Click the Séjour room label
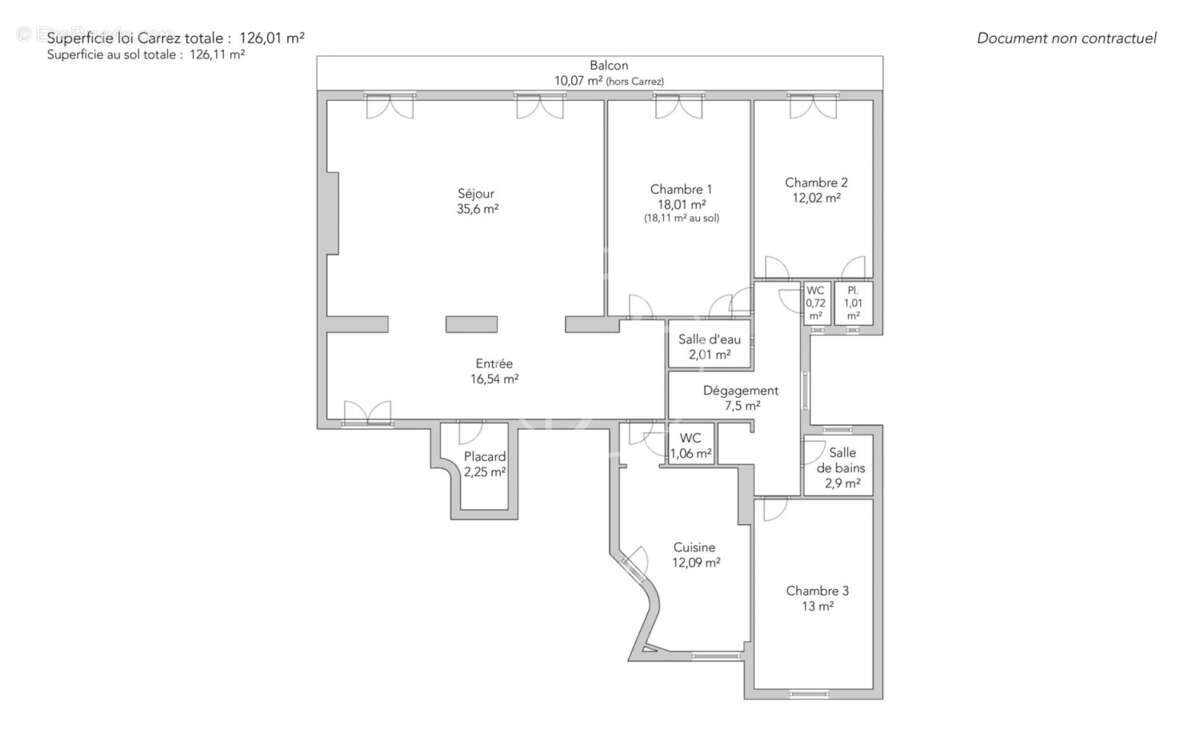click(476, 193)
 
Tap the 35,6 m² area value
click(476, 209)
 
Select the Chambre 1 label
click(681, 189)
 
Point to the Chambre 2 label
click(816, 182)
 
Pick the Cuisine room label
click(694, 547)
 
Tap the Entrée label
click(494, 364)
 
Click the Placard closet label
click(484, 457)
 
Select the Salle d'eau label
click(709, 339)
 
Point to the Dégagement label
click(740, 391)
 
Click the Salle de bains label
click(841, 460)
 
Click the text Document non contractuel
click(1066, 38)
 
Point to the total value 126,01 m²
click(271, 38)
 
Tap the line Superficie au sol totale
click(146, 56)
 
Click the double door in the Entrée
click(366, 413)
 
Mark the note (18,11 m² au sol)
click(681, 218)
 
